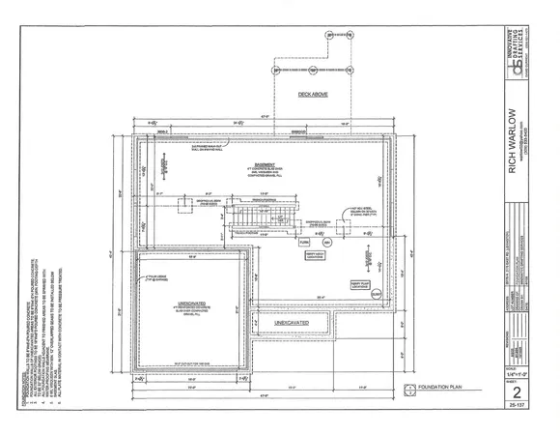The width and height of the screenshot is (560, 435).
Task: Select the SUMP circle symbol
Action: (377, 294)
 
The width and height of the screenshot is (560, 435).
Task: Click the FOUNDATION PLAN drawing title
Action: (444, 389)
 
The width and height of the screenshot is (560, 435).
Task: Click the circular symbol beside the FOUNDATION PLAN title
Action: (409, 389)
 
